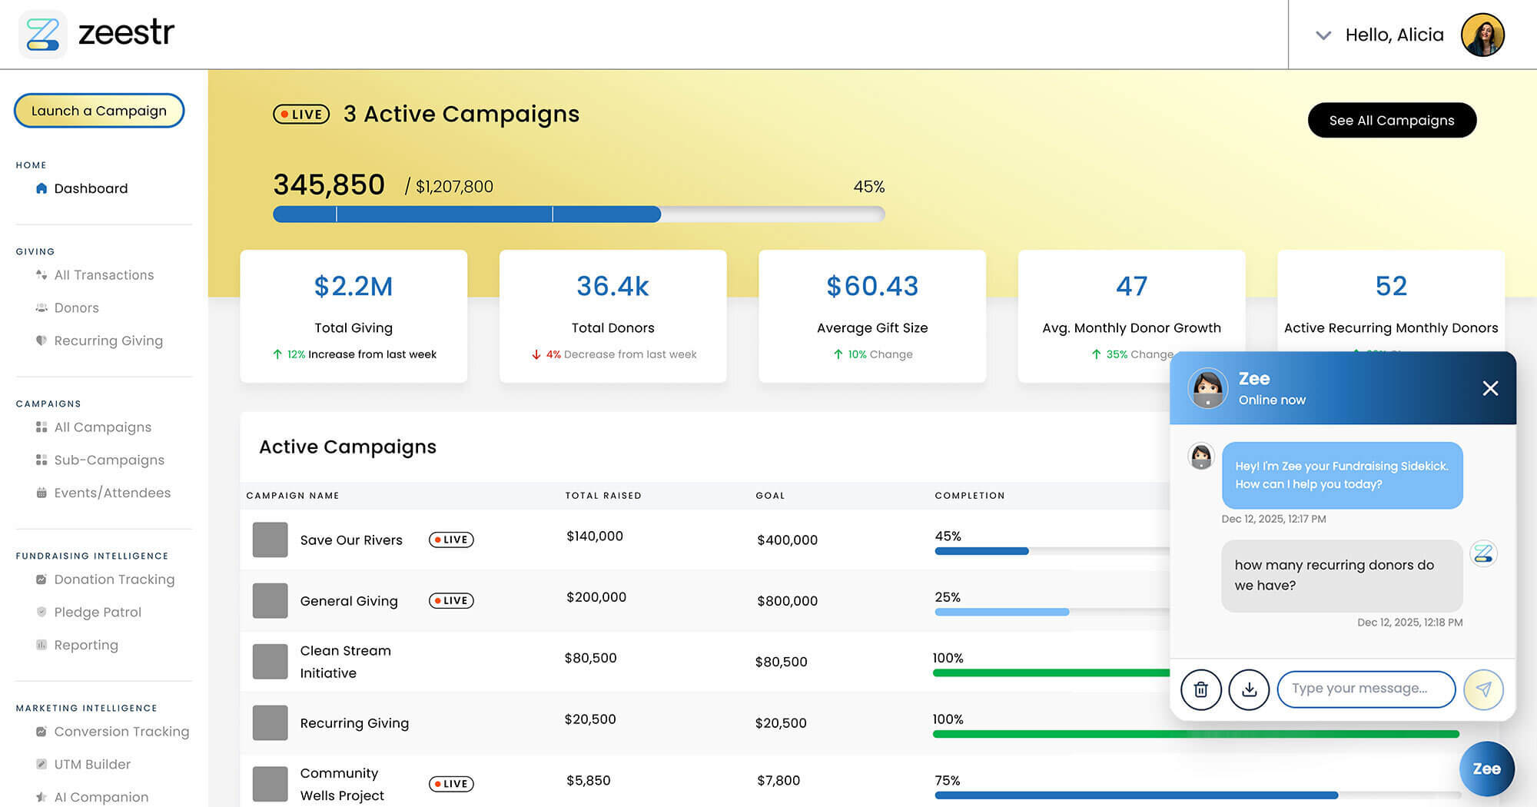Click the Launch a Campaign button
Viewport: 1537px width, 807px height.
click(99, 111)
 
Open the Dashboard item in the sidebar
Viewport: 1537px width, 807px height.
click(90, 188)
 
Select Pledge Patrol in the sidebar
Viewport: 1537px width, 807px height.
click(98, 612)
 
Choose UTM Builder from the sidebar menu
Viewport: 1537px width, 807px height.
click(92, 764)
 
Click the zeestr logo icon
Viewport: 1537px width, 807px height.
click(42, 34)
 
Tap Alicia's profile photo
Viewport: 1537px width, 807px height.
click(1482, 35)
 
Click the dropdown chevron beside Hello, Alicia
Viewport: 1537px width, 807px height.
click(1323, 35)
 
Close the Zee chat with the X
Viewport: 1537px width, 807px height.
click(1490, 388)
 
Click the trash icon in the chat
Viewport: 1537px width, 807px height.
click(1200, 689)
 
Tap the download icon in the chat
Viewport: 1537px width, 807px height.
click(1249, 689)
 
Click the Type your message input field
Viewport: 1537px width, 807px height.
click(1366, 689)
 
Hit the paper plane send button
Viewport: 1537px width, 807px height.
click(1483, 689)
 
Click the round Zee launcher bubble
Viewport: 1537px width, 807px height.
click(1486, 769)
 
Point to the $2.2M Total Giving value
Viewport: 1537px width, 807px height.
click(354, 286)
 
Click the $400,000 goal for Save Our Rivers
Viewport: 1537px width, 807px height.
click(787, 540)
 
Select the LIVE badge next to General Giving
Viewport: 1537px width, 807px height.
click(451, 601)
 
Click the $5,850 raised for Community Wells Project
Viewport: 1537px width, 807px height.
click(588, 780)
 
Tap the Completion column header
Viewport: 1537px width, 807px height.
click(969, 496)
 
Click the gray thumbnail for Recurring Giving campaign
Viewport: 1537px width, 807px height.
click(270, 723)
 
